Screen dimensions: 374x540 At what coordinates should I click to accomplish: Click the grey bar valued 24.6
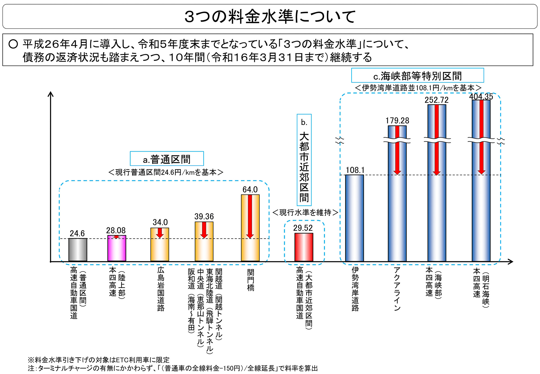pyautogui.click(x=78, y=250)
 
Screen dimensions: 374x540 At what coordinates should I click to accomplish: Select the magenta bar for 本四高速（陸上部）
pyautogui.click(x=116, y=249)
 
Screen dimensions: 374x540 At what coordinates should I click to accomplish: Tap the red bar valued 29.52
pyautogui.click(x=304, y=247)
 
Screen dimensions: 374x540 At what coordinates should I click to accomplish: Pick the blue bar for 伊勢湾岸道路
pyautogui.click(x=354, y=218)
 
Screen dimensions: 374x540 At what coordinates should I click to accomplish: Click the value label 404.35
pyautogui.click(x=481, y=97)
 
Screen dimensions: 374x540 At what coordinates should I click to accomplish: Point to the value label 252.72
pyautogui.click(x=436, y=100)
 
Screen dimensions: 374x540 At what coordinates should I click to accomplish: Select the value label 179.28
pyautogui.click(x=397, y=121)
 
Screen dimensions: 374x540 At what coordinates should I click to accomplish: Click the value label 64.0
pyautogui.click(x=250, y=190)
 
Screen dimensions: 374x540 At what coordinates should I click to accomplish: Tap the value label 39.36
pyautogui.click(x=204, y=216)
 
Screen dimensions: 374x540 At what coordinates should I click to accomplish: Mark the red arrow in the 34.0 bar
pyautogui.click(x=160, y=233)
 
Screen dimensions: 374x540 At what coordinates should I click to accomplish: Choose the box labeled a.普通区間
pyautogui.click(x=167, y=159)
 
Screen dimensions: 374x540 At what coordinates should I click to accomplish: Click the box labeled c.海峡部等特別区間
pyautogui.click(x=417, y=75)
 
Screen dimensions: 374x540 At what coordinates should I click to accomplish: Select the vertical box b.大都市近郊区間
pyautogui.click(x=304, y=160)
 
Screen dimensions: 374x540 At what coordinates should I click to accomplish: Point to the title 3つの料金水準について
pyautogui.click(x=270, y=16)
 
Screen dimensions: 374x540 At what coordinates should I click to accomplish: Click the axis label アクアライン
pyautogui.click(x=397, y=289)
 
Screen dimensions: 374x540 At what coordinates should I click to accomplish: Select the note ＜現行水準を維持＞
pyautogui.click(x=305, y=212)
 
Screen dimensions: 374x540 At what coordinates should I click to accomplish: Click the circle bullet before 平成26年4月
pyautogui.click(x=13, y=44)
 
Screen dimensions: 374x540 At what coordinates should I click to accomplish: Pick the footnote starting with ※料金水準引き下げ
pyautogui.click(x=99, y=360)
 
